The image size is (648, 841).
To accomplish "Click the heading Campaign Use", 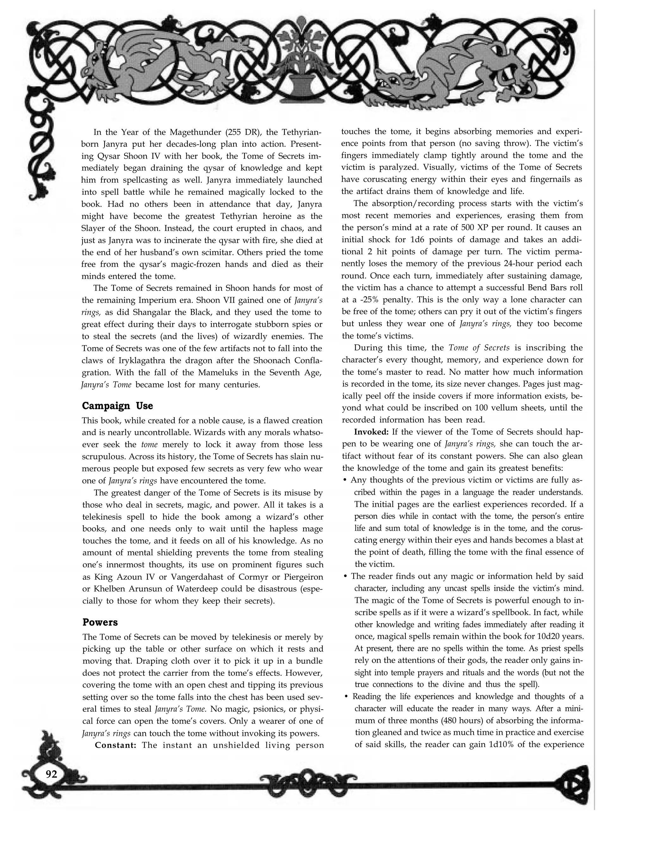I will (117, 406).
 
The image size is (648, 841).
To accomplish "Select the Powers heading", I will (100, 622).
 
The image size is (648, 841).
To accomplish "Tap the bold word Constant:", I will (116, 745).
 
